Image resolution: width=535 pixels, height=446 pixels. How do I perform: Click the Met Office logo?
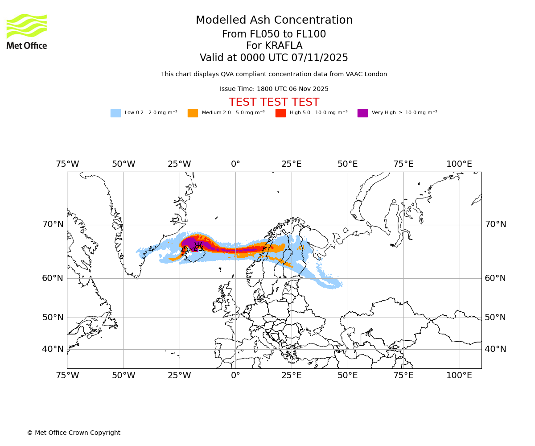[x=27, y=31]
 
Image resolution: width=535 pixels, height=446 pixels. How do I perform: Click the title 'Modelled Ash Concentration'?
[x=274, y=21]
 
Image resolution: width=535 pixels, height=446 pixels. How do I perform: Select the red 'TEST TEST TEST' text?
[x=274, y=103]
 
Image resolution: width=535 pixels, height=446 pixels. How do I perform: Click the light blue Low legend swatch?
[x=115, y=113]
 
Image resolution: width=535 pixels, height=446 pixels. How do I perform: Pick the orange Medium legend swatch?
[x=193, y=113]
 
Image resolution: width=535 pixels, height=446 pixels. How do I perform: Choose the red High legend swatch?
[x=280, y=113]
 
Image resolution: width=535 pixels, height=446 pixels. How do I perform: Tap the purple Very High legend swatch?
[x=362, y=113]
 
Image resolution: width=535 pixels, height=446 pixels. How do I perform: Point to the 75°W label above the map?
[x=67, y=164]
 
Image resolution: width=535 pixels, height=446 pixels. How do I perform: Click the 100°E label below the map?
[x=459, y=376]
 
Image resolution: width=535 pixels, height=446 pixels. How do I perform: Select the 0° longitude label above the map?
[x=235, y=164]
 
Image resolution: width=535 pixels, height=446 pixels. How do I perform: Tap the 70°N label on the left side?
[x=53, y=224]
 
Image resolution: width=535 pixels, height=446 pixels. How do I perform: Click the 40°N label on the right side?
[x=495, y=349]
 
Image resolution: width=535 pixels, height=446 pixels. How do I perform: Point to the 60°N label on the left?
[x=53, y=278]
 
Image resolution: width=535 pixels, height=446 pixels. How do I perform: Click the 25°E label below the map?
[x=292, y=376]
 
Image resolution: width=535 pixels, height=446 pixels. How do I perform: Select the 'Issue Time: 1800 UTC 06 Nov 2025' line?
[x=274, y=89]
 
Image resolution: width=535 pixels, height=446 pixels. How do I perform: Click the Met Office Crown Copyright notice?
[x=74, y=433]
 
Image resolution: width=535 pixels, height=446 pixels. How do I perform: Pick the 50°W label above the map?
[x=123, y=164]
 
